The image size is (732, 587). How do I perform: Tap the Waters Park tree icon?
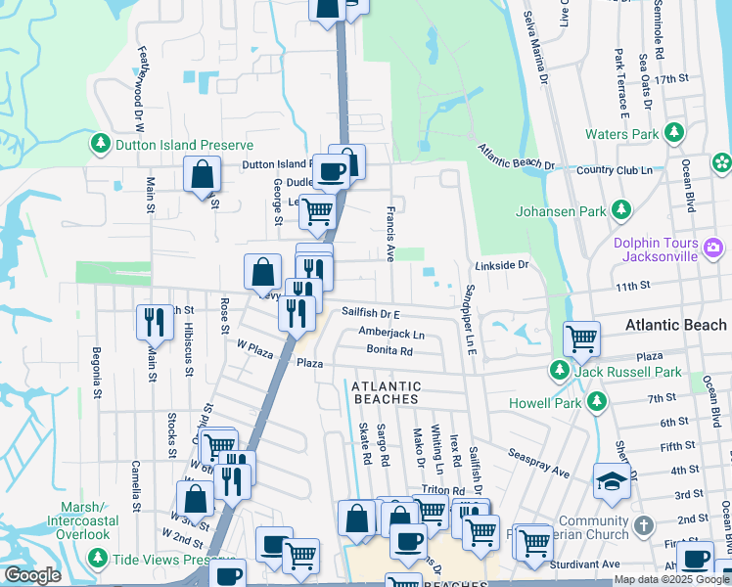pyautogui.click(x=674, y=133)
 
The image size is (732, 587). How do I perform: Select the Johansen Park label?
pyautogui.click(x=561, y=208)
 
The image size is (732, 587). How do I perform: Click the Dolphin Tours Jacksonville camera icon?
pyautogui.click(x=713, y=249)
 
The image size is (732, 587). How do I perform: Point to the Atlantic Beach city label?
pyautogui.click(x=676, y=325)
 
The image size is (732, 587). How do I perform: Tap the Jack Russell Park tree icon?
pyautogui.click(x=559, y=372)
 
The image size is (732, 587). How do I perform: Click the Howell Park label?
pyautogui.click(x=544, y=403)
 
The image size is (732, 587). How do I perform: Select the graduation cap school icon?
pyautogui.click(x=611, y=480)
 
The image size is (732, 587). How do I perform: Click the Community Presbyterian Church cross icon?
pyautogui.click(x=642, y=525)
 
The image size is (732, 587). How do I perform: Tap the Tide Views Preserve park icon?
pyautogui.click(x=98, y=558)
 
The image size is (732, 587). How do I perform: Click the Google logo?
pyautogui.click(x=32, y=576)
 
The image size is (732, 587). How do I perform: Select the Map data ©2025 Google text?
pyautogui.click(x=671, y=579)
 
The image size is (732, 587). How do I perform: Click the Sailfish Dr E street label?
pyautogui.click(x=371, y=313)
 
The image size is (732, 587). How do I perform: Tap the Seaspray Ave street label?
pyautogui.click(x=538, y=464)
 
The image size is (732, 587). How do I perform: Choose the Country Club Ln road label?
pyautogui.click(x=614, y=170)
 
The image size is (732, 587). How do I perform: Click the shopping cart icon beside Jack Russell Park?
pyautogui.click(x=582, y=339)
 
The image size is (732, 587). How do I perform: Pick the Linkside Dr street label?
pyautogui.click(x=501, y=265)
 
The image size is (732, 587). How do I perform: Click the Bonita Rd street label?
pyautogui.click(x=389, y=349)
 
